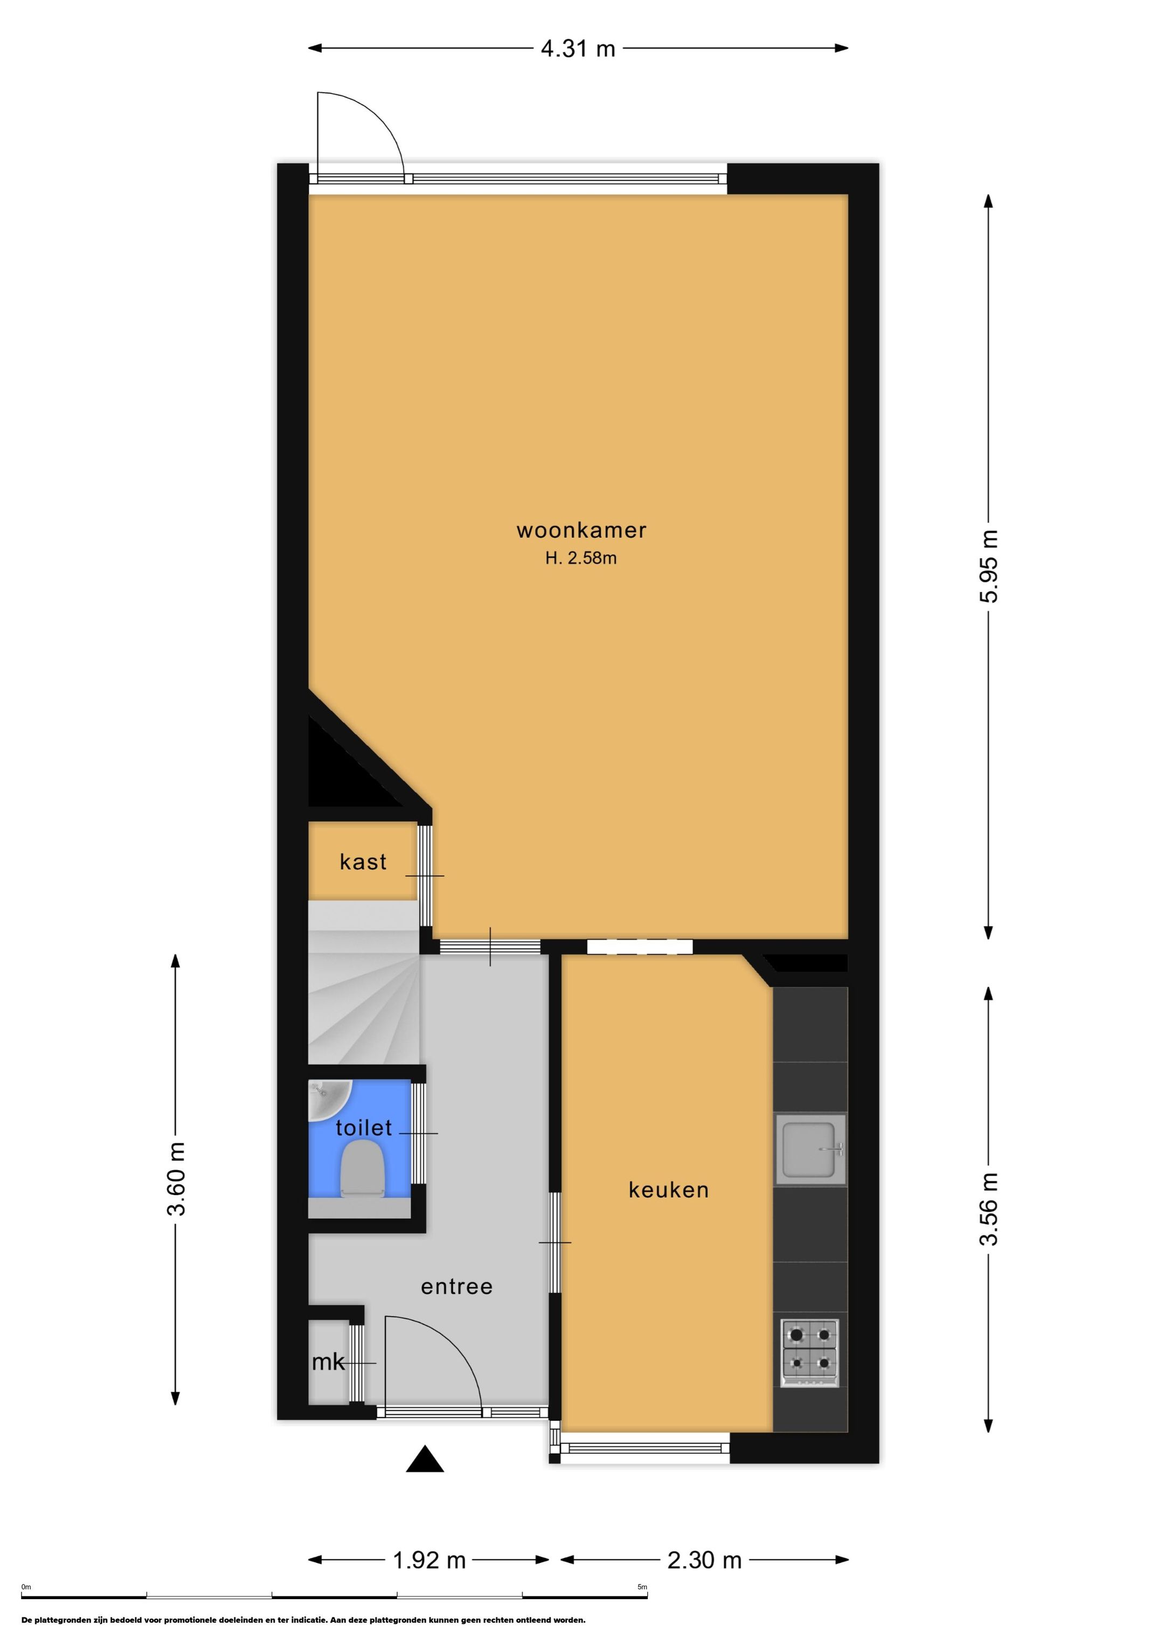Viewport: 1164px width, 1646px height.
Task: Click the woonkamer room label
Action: [581, 531]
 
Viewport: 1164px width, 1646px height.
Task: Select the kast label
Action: [363, 862]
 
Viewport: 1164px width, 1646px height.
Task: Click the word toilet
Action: [364, 1128]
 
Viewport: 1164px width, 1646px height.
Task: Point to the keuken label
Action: [668, 1190]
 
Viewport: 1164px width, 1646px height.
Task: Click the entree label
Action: [457, 1287]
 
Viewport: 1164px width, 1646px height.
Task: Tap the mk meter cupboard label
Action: [329, 1362]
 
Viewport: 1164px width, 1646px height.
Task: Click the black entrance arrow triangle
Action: [425, 1459]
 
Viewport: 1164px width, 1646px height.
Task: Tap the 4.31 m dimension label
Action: [578, 48]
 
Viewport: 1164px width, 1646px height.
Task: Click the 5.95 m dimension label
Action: [989, 566]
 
